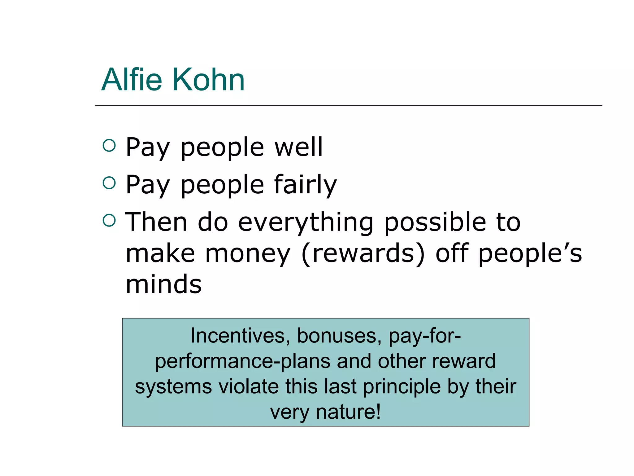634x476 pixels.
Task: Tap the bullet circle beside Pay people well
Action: pyautogui.click(x=109, y=145)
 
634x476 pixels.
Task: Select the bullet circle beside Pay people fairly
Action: pyautogui.click(x=109, y=183)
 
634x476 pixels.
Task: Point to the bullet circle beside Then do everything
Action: pyautogui.click(x=109, y=220)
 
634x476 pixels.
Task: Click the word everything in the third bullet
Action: pyautogui.click(x=306, y=223)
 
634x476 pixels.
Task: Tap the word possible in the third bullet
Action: pyautogui.click(x=435, y=223)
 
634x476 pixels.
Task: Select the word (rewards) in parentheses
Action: pyautogui.click(x=363, y=254)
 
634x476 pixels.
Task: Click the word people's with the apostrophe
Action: pyautogui.click(x=530, y=254)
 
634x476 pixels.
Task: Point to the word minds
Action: pyautogui.click(x=164, y=284)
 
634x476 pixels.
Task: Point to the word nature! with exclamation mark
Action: pyautogui.click(x=348, y=412)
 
